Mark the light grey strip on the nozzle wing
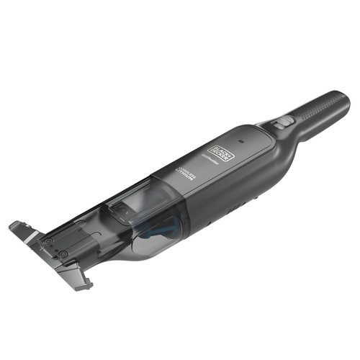point(31,234)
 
